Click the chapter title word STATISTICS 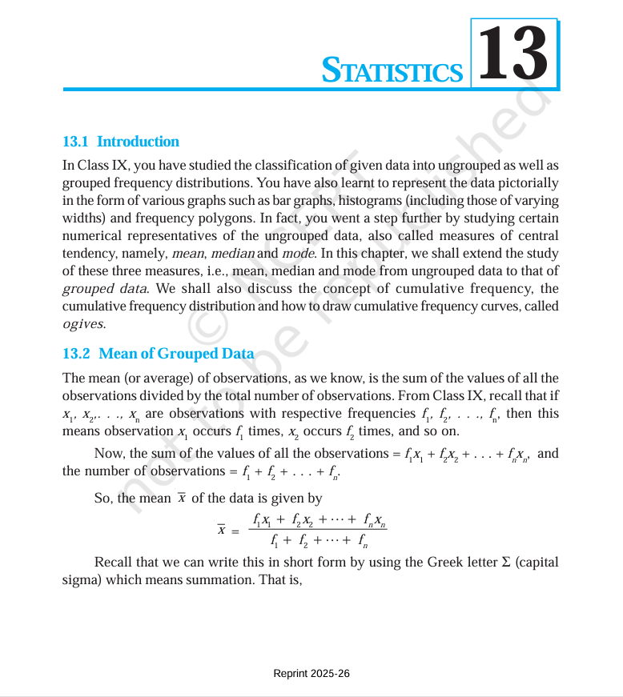point(392,70)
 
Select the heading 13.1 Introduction point(121,142)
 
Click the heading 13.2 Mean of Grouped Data point(158,354)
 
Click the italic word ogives point(83,323)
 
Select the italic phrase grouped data point(104,288)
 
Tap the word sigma point(81,579)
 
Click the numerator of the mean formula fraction point(320,520)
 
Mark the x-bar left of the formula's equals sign point(221,530)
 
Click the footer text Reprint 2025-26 point(311,674)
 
